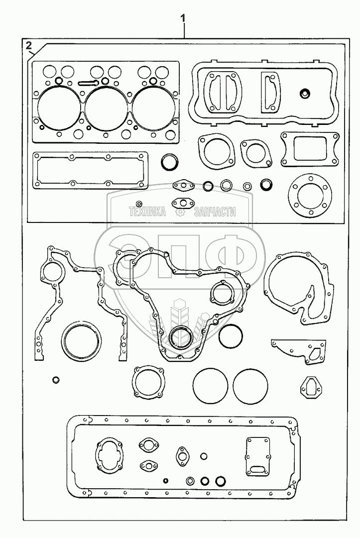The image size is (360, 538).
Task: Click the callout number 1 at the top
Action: coord(183,18)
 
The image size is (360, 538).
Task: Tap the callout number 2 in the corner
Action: coord(29,46)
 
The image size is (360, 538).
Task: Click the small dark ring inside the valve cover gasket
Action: coord(305,93)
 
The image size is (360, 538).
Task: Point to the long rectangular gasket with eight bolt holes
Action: coord(90,171)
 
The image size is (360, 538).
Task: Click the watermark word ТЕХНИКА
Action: coord(147,212)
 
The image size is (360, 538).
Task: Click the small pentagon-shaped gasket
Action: coord(309,386)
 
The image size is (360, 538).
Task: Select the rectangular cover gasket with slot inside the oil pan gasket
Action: coord(257,456)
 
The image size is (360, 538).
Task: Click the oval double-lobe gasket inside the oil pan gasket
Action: coord(108,455)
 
